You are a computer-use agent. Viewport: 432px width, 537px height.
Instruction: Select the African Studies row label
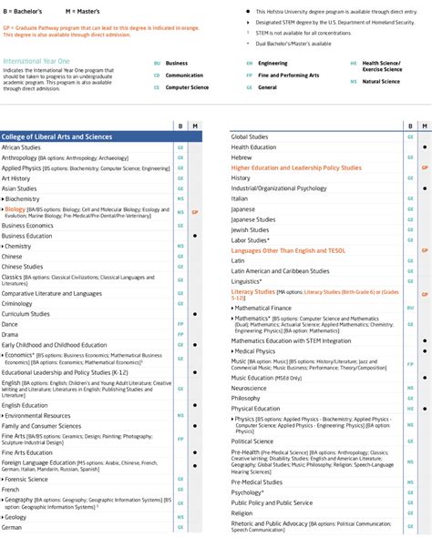[21, 147]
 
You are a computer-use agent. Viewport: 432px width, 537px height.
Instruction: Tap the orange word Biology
[15, 209]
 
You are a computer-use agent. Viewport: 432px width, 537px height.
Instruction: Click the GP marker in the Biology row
[195, 211]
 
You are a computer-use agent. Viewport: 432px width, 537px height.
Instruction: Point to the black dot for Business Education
[195, 236]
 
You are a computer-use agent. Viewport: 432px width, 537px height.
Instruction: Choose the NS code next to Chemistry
[180, 246]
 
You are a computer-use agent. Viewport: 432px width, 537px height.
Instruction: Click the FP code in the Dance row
[180, 324]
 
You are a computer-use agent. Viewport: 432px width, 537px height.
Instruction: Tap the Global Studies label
[250, 137]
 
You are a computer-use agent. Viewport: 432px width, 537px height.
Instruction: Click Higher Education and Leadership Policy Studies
[296, 167]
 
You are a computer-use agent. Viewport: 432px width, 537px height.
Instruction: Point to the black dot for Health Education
[425, 147]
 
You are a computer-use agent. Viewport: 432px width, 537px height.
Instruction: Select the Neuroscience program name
[250, 388]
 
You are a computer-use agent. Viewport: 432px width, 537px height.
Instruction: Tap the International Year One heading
[34, 61]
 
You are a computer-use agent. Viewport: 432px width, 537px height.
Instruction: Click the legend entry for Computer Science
[187, 87]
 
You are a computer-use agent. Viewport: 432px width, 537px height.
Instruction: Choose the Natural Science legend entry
[381, 82]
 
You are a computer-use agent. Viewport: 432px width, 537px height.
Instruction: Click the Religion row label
[242, 512]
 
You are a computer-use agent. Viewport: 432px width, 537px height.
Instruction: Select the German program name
[12, 527]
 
